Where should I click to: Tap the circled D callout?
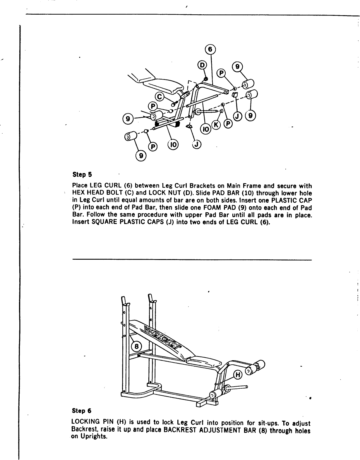[202, 65]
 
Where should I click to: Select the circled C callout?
[160, 96]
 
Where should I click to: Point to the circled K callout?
[216, 125]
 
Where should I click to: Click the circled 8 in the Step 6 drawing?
[136, 347]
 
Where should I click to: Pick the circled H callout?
[237, 375]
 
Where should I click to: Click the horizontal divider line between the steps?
[192, 259]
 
